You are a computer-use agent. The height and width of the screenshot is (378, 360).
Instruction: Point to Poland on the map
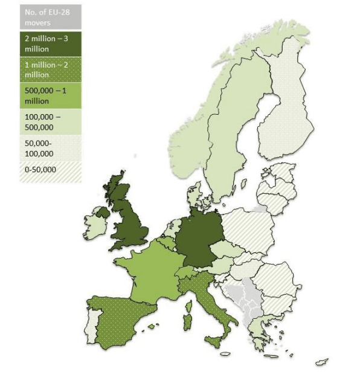click(247, 230)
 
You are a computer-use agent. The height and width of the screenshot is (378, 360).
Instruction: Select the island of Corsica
click(188, 305)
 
